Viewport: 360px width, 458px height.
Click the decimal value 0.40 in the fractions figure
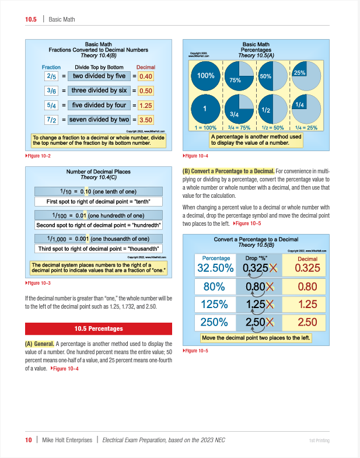(x=146, y=76)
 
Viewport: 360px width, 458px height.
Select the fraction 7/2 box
(x=51, y=120)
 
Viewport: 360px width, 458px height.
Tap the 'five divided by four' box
(x=99, y=106)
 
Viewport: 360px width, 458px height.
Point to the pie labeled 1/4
(x=307, y=106)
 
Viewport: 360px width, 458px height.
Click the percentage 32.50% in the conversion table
(x=215, y=268)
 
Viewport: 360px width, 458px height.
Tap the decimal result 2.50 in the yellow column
(x=307, y=322)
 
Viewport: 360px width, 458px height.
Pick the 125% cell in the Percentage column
(x=215, y=304)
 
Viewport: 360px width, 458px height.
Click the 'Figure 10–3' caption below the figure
(x=39, y=283)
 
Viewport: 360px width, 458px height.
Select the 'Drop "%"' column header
(x=256, y=257)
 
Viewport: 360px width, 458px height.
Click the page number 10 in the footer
(x=28, y=440)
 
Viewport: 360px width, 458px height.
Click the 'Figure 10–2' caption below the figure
(x=39, y=155)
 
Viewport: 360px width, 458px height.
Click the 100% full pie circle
(x=206, y=76)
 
